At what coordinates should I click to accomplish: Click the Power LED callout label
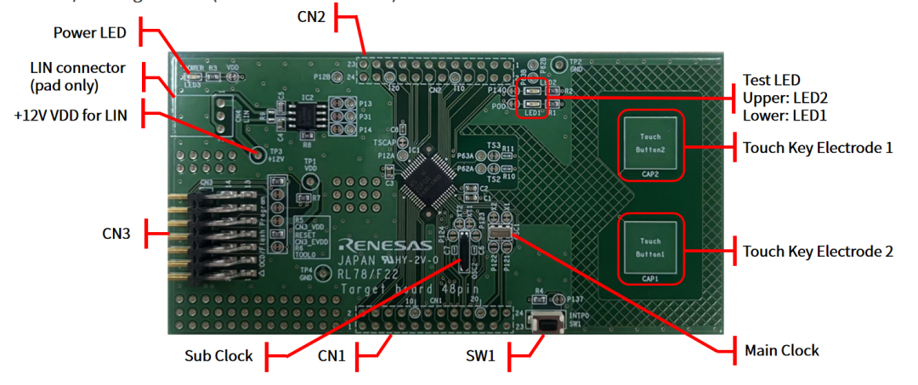pyautogui.click(x=89, y=33)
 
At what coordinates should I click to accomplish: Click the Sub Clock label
pyautogui.click(x=218, y=355)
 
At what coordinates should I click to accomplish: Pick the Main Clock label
pyautogui.click(x=781, y=349)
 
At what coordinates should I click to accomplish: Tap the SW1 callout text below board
pyautogui.click(x=479, y=356)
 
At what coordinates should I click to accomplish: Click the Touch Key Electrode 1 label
pyautogui.click(x=818, y=147)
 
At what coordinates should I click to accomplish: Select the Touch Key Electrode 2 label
pyautogui.click(x=818, y=251)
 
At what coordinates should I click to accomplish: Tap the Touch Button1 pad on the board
pyautogui.click(x=649, y=247)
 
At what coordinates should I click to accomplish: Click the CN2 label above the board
pyautogui.click(x=312, y=14)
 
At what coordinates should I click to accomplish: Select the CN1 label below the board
pyautogui.click(x=331, y=356)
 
